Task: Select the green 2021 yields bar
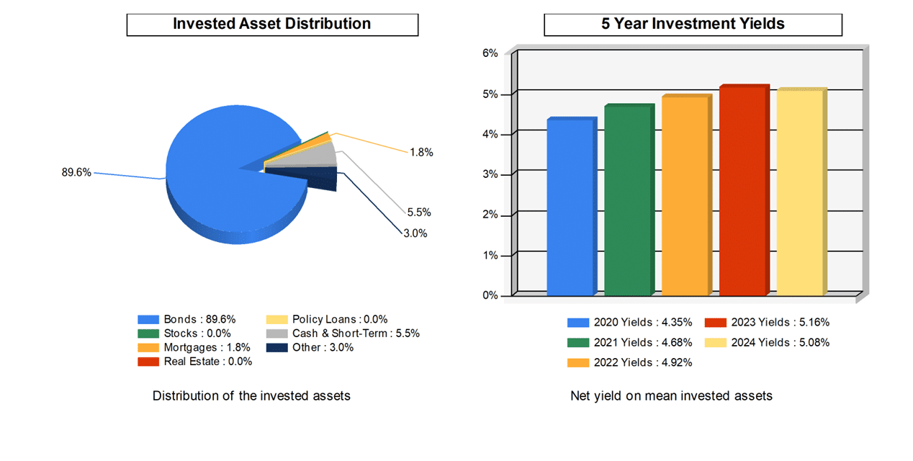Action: pos(627,201)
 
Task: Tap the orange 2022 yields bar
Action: pos(685,196)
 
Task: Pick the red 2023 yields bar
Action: pos(742,191)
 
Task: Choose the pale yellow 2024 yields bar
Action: pos(799,193)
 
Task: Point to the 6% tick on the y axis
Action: pos(490,53)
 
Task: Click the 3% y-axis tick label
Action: pos(490,174)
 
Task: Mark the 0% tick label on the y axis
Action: pos(490,295)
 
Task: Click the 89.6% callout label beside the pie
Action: pos(76,172)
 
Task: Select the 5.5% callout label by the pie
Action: pos(418,212)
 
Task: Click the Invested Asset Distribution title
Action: pos(272,24)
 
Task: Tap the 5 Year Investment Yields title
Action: pos(693,24)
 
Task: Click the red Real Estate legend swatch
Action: pos(148,362)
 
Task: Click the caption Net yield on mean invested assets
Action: pos(671,395)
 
